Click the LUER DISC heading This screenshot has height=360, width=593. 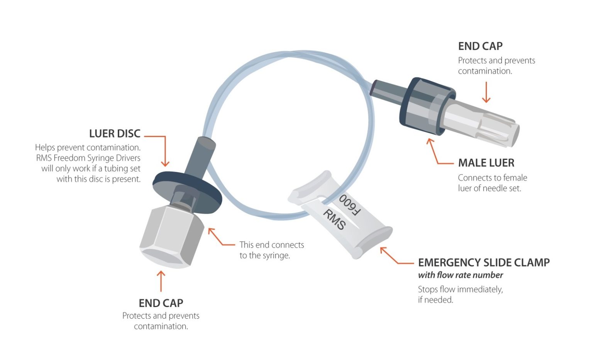(x=115, y=134)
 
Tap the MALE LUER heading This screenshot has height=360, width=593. (x=486, y=163)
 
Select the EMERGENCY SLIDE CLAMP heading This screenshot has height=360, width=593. (x=484, y=263)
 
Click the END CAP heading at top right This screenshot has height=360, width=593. (x=480, y=46)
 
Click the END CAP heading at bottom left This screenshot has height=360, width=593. (x=161, y=303)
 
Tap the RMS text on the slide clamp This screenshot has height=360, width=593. (x=334, y=219)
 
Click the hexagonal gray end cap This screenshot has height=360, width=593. (x=172, y=236)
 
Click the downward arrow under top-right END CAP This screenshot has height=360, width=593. (x=486, y=93)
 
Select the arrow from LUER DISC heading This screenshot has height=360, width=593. (x=162, y=149)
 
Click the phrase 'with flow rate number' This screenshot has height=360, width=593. (x=460, y=275)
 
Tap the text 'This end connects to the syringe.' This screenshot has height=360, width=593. (x=271, y=250)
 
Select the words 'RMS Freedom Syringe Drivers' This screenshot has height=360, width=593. (x=88, y=158)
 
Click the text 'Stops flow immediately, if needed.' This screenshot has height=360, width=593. (x=460, y=294)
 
